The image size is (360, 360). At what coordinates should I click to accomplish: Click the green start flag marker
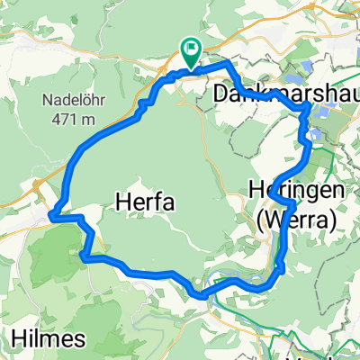coord(192,50)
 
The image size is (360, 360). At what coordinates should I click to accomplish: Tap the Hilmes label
coord(49,339)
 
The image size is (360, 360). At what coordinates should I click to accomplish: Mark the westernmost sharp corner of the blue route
coord(52,216)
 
